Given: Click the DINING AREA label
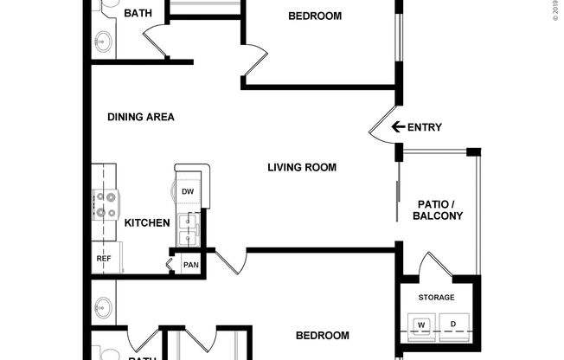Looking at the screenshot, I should (141, 117).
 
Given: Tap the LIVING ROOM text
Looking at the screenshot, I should (301, 167).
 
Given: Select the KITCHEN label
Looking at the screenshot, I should (147, 222).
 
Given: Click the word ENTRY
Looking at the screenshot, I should (424, 127).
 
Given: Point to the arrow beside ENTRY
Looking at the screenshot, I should (398, 127).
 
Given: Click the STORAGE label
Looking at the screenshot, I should (436, 298).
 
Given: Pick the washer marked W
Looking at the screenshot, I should (422, 325).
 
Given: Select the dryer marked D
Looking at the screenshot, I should (452, 325).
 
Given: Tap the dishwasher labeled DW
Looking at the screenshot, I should (188, 191).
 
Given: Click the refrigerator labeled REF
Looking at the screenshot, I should (103, 258).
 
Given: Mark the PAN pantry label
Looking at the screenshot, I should (190, 265).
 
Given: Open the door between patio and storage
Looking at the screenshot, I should (428, 264).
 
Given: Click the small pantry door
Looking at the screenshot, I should (170, 260).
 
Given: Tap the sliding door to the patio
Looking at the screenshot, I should (398, 203).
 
